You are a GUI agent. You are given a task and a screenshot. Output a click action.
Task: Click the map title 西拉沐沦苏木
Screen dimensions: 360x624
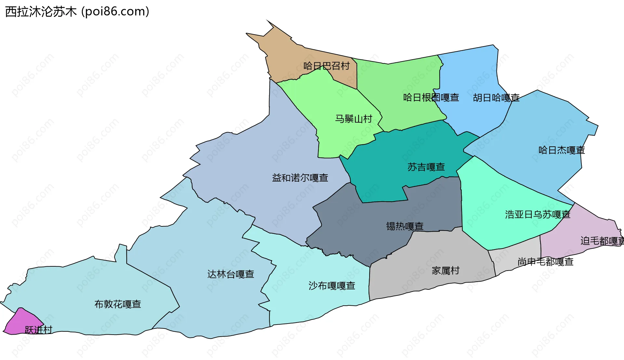(x=41, y=12)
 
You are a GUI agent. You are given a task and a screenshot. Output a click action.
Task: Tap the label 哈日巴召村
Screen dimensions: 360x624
(x=326, y=66)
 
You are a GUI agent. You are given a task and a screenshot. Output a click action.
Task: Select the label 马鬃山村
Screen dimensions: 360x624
(x=354, y=119)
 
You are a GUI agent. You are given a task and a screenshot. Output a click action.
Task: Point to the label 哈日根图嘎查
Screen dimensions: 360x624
(x=431, y=98)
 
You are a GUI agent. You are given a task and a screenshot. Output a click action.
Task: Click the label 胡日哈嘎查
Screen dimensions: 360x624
(x=496, y=98)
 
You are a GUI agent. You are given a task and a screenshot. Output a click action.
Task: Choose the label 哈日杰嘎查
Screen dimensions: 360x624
(x=562, y=150)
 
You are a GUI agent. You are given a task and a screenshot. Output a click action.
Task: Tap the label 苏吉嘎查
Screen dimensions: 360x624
(x=426, y=167)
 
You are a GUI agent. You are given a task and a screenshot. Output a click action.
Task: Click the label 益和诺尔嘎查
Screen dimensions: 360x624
(x=300, y=178)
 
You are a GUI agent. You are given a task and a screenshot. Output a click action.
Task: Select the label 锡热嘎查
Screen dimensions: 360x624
(x=405, y=226)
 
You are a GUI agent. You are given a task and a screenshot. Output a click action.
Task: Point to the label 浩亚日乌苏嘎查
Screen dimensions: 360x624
(x=538, y=215)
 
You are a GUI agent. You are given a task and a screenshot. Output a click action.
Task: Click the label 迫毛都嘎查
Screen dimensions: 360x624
(x=601, y=241)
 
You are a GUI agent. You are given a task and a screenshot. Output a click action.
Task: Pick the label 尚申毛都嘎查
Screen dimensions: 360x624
(x=545, y=262)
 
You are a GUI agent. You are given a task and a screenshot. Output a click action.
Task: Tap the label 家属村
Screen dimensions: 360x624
(x=445, y=271)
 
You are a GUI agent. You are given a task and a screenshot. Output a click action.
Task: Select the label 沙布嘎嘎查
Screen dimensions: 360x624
(x=331, y=286)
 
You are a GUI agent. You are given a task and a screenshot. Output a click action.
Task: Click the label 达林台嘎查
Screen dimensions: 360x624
(x=231, y=274)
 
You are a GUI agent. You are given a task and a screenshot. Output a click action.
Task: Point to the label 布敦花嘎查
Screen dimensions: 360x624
(x=118, y=304)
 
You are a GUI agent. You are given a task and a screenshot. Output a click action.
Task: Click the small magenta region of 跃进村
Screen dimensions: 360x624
(x=19, y=320)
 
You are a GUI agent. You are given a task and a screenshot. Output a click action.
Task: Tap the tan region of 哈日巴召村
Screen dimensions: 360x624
(x=283, y=55)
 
